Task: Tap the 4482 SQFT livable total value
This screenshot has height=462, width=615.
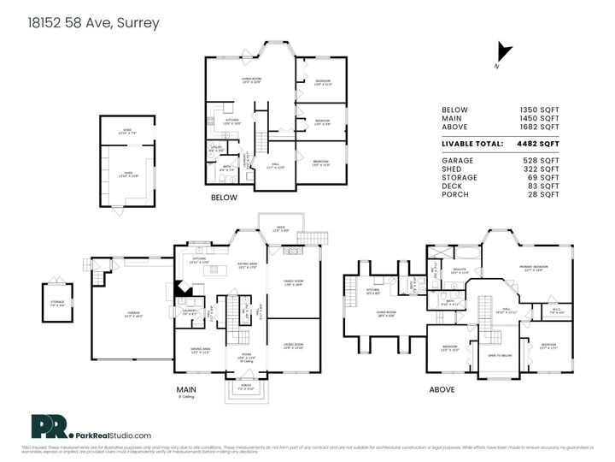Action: coord(541,143)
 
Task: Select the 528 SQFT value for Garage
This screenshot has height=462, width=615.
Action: coord(544,160)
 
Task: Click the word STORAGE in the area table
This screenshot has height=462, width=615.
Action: coord(459,177)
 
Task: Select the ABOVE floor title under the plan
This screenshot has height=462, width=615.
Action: coord(442,388)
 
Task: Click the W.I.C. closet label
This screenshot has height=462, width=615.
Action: coord(555,311)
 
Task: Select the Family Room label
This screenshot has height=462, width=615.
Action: coord(293,281)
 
